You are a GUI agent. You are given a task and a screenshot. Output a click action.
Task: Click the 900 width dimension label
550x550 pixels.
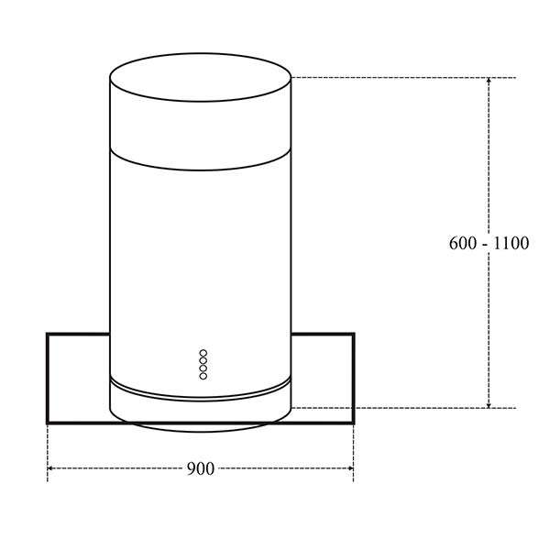[200, 468]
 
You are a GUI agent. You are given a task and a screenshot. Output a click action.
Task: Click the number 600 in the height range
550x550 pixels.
[463, 244]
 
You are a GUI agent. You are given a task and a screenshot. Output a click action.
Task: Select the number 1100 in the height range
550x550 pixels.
[510, 244]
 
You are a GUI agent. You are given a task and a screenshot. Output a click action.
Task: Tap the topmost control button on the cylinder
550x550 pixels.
[203, 353]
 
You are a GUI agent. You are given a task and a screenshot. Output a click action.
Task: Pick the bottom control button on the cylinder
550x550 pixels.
[203, 374]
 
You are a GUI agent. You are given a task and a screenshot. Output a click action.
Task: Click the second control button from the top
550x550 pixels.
[203, 360]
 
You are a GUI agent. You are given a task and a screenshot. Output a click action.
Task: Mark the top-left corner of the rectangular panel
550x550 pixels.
[48, 334]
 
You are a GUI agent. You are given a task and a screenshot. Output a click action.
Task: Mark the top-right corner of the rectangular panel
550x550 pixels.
[354, 334]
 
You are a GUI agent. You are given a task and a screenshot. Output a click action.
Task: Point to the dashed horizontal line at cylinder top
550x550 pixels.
[394, 77]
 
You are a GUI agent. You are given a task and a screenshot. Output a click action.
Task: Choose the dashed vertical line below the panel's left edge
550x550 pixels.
[47, 449]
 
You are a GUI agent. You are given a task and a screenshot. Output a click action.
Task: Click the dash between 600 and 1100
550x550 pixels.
[486, 244]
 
